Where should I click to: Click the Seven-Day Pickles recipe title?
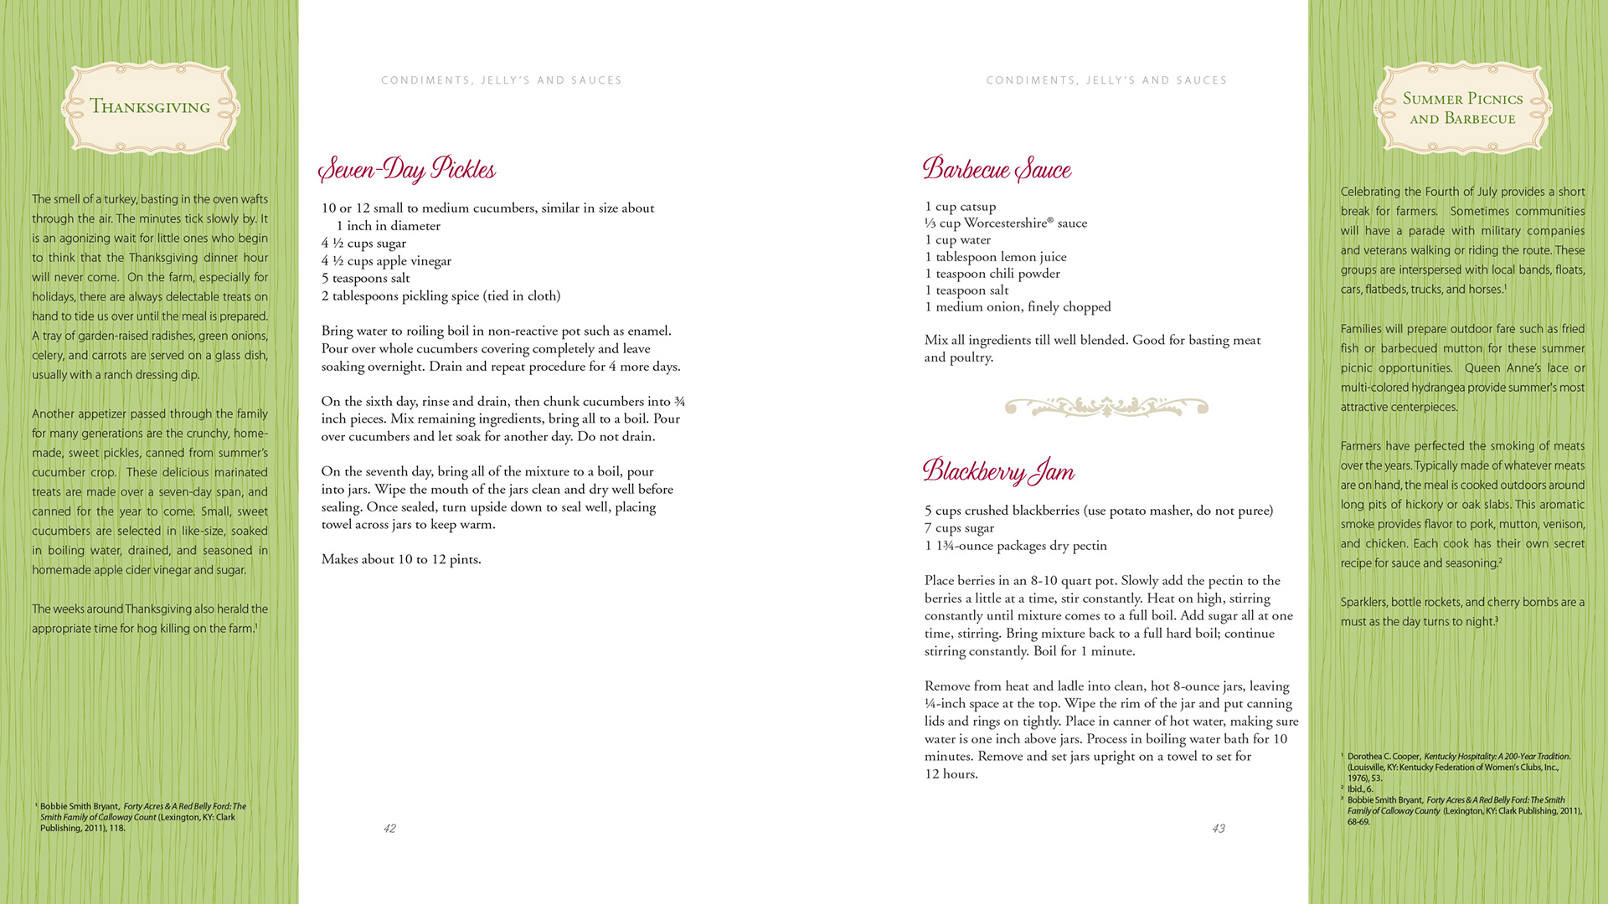pyautogui.click(x=407, y=170)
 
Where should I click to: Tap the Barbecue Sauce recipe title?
pyautogui.click(x=997, y=169)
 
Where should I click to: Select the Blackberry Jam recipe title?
pyautogui.click(x=998, y=471)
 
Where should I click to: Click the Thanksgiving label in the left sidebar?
pyautogui.click(x=150, y=107)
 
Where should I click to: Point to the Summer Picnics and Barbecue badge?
pyautogui.click(x=1462, y=108)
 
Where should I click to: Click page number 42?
pyautogui.click(x=389, y=829)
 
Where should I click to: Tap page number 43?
pyautogui.click(x=1219, y=829)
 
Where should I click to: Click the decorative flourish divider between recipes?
pyautogui.click(x=1106, y=408)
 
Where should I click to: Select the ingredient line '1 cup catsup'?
pyautogui.click(x=960, y=207)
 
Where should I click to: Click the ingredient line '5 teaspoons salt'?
pyautogui.click(x=365, y=279)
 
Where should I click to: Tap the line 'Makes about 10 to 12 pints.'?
pyautogui.click(x=401, y=559)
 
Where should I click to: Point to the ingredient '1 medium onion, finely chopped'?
pyautogui.click(x=1018, y=307)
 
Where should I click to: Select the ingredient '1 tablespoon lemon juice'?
pyautogui.click(x=995, y=257)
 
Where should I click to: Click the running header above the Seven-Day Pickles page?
pyautogui.click(x=502, y=80)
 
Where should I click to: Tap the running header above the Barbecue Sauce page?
pyautogui.click(x=1106, y=80)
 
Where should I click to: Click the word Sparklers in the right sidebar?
pyautogui.click(x=1363, y=603)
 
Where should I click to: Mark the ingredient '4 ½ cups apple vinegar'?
pyautogui.click(x=386, y=261)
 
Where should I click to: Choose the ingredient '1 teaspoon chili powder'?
pyautogui.click(x=992, y=274)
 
